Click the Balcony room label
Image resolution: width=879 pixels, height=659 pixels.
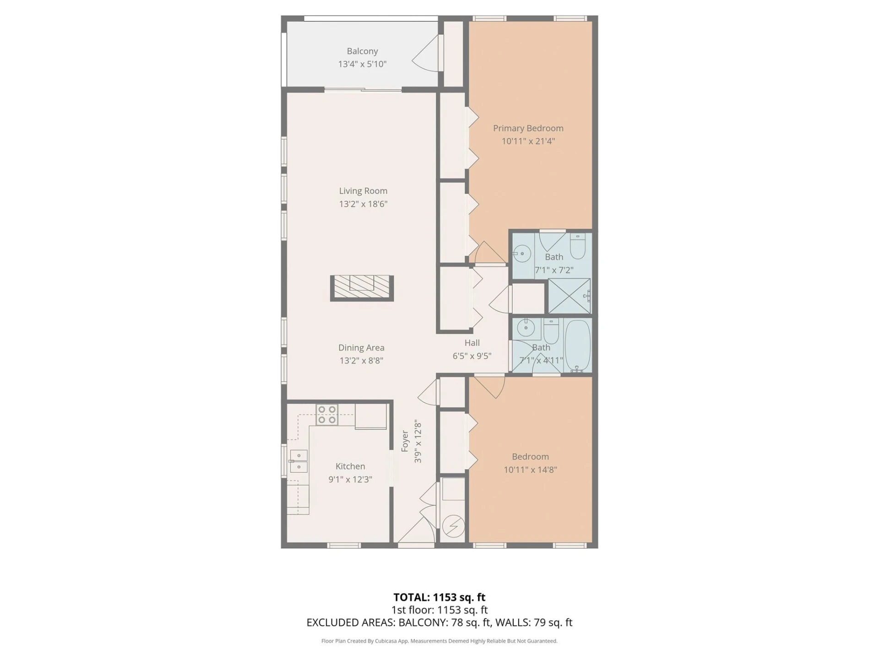point(362,51)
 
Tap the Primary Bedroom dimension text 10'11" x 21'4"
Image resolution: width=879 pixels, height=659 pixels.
point(528,141)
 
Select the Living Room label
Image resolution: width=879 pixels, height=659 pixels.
point(363,191)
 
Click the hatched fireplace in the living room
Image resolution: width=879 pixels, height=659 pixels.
point(362,288)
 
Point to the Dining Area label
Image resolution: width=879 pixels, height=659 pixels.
point(361,348)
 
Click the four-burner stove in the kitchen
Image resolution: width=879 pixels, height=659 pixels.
point(327,415)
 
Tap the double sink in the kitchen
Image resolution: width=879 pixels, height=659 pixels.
point(298,461)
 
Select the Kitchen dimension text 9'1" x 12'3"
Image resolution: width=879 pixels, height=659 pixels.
point(350,479)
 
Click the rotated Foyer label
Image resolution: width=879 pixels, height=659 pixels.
point(405,441)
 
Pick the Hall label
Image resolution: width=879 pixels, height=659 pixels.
point(472,343)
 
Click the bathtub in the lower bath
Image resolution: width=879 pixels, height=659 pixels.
point(577,345)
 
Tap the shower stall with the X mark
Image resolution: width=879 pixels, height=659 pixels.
point(570,296)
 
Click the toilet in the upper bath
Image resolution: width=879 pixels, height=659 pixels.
point(578,246)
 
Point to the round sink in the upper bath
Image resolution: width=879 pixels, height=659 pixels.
point(521,253)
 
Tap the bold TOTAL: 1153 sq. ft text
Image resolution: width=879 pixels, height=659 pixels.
point(439,597)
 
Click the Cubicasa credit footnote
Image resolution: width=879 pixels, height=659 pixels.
point(439,641)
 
